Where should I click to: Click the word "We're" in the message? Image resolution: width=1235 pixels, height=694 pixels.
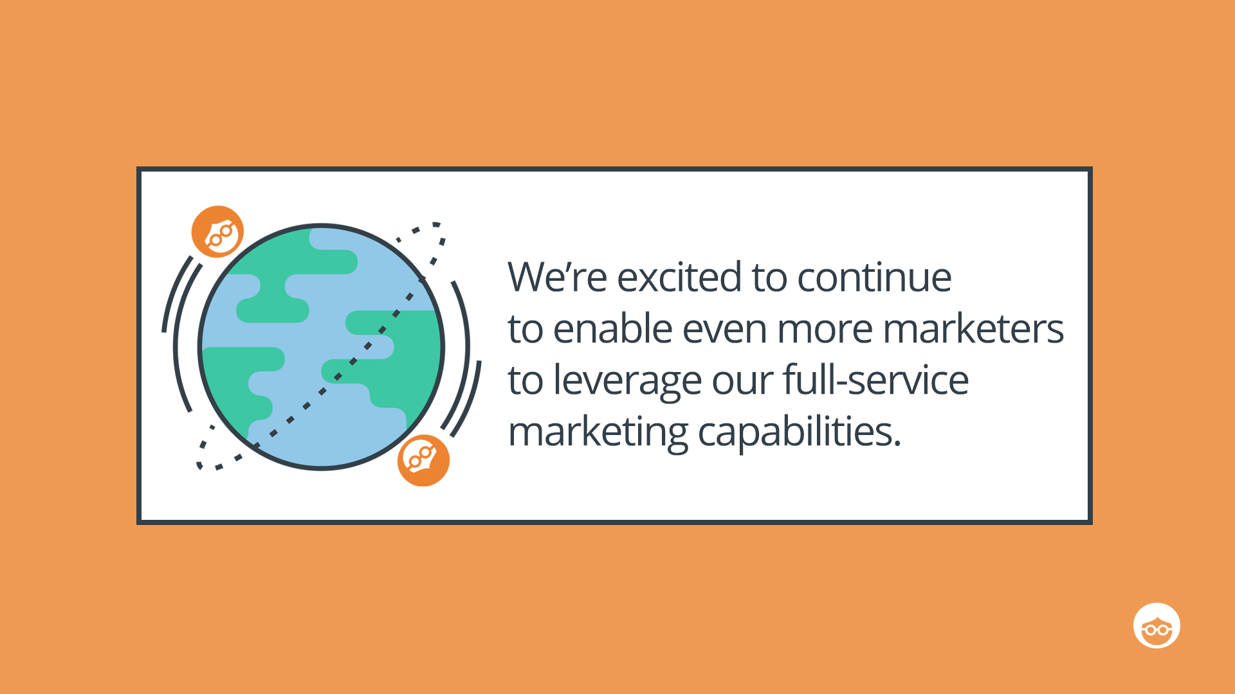pyautogui.click(x=557, y=277)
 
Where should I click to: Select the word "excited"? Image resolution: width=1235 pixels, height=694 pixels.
pyautogui.click(x=679, y=277)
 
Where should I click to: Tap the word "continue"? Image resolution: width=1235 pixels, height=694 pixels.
pyautogui.click(x=874, y=277)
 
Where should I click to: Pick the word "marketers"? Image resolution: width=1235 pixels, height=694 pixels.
pyautogui.click(x=974, y=328)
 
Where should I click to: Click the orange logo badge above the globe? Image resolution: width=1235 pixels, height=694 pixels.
pyautogui.click(x=218, y=232)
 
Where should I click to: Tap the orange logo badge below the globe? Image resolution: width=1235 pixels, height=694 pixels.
pyautogui.click(x=423, y=460)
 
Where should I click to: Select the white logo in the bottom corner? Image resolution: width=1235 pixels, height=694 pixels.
pyautogui.click(x=1157, y=625)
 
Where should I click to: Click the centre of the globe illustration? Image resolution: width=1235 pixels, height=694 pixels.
pyautogui.click(x=322, y=347)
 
